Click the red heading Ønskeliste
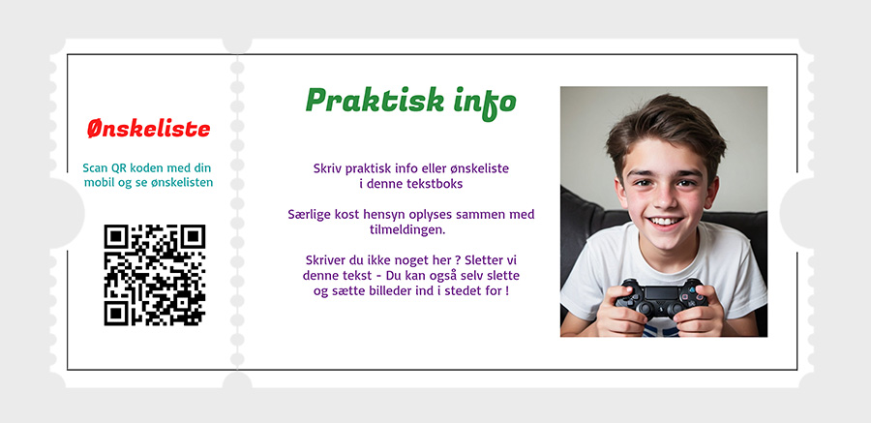[149, 129]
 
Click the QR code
[155, 275]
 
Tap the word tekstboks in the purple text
[437, 184]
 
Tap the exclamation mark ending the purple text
[507, 290]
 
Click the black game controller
[662, 299]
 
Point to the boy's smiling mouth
[666, 223]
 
